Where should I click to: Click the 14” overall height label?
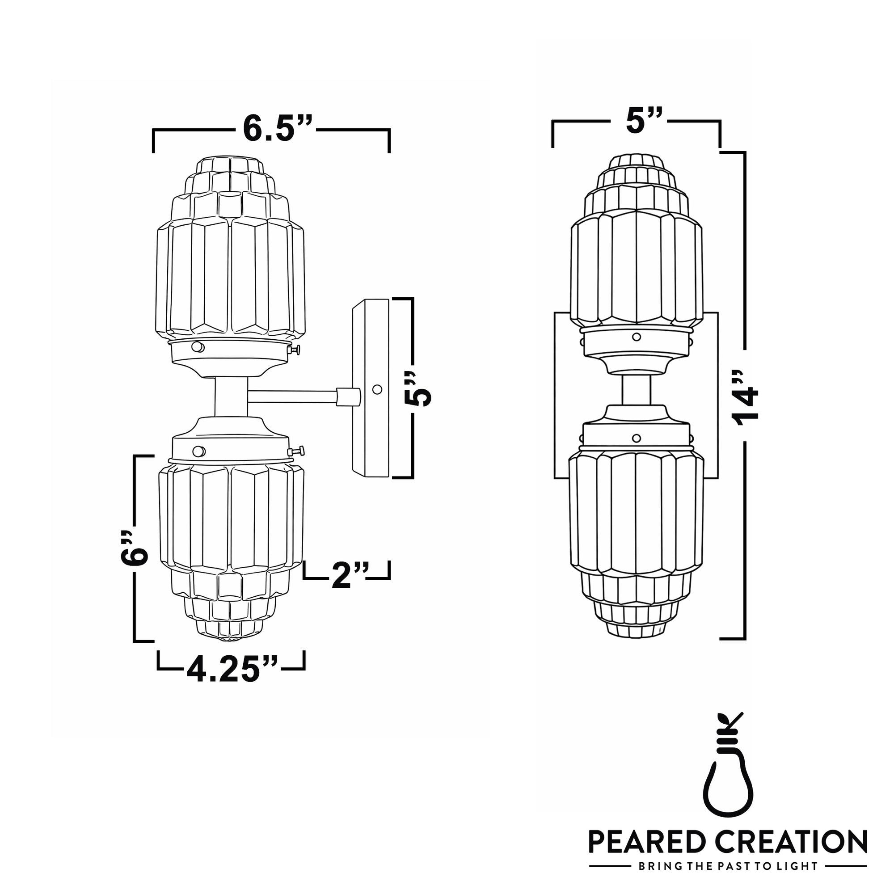pyautogui.click(x=746, y=397)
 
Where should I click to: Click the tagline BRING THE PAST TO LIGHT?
pyautogui.click(x=727, y=866)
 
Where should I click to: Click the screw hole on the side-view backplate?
pyautogui.click(x=377, y=390)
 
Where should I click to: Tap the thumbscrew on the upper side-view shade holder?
pyautogui.click(x=294, y=350)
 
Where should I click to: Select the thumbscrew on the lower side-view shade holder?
pyautogui.click(x=297, y=450)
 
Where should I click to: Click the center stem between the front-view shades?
pyautogui.click(x=636, y=390)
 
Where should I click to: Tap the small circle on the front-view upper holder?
pyautogui.click(x=636, y=337)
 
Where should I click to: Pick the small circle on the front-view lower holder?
pyautogui.click(x=636, y=438)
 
